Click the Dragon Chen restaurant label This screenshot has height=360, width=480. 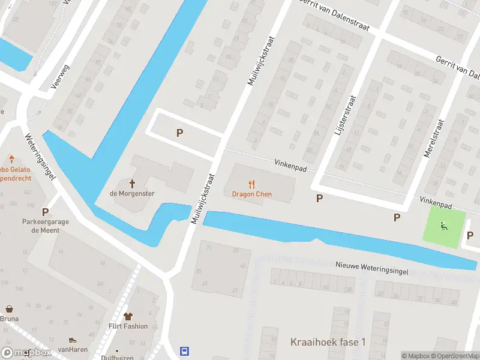tap(251, 194)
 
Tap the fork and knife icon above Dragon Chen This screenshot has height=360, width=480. tap(251, 184)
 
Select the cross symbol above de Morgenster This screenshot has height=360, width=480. tap(132, 184)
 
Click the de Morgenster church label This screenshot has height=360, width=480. tap(132, 193)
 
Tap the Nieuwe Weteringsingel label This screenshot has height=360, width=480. tap(371, 268)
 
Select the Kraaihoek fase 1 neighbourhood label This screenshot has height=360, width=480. tap(328, 342)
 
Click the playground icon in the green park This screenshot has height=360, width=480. tap(444, 226)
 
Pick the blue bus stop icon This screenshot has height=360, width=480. tap(185, 351)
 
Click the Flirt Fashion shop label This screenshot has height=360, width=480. tap(128, 326)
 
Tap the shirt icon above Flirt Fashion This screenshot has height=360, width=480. tap(128, 316)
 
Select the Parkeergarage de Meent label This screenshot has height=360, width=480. tap(45, 226)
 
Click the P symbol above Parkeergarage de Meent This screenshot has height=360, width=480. tap(45, 212)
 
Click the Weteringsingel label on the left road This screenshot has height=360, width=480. tap(41, 156)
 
